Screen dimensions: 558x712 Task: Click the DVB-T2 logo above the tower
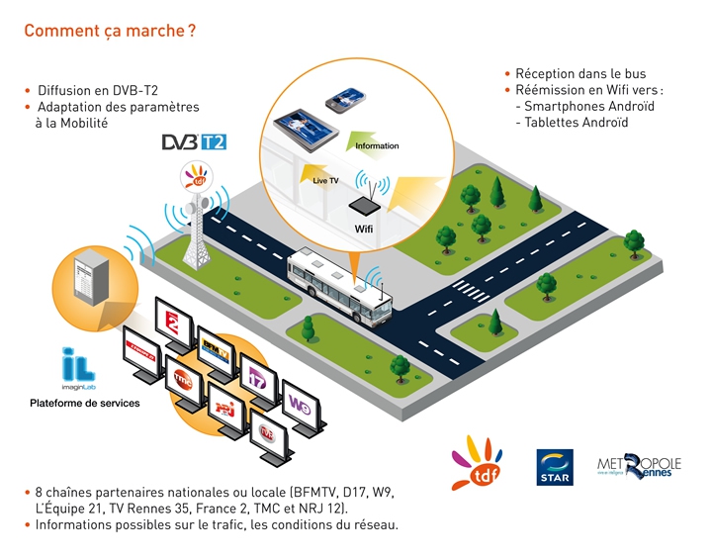pyautogui.click(x=194, y=141)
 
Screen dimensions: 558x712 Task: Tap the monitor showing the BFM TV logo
pyautogui.click(x=217, y=348)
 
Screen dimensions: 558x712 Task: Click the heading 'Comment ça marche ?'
pyautogui.click(x=109, y=31)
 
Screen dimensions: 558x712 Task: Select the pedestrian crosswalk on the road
pyautogui.click(x=467, y=289)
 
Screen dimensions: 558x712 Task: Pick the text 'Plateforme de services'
pyautogui.click(x=85, y=404)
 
